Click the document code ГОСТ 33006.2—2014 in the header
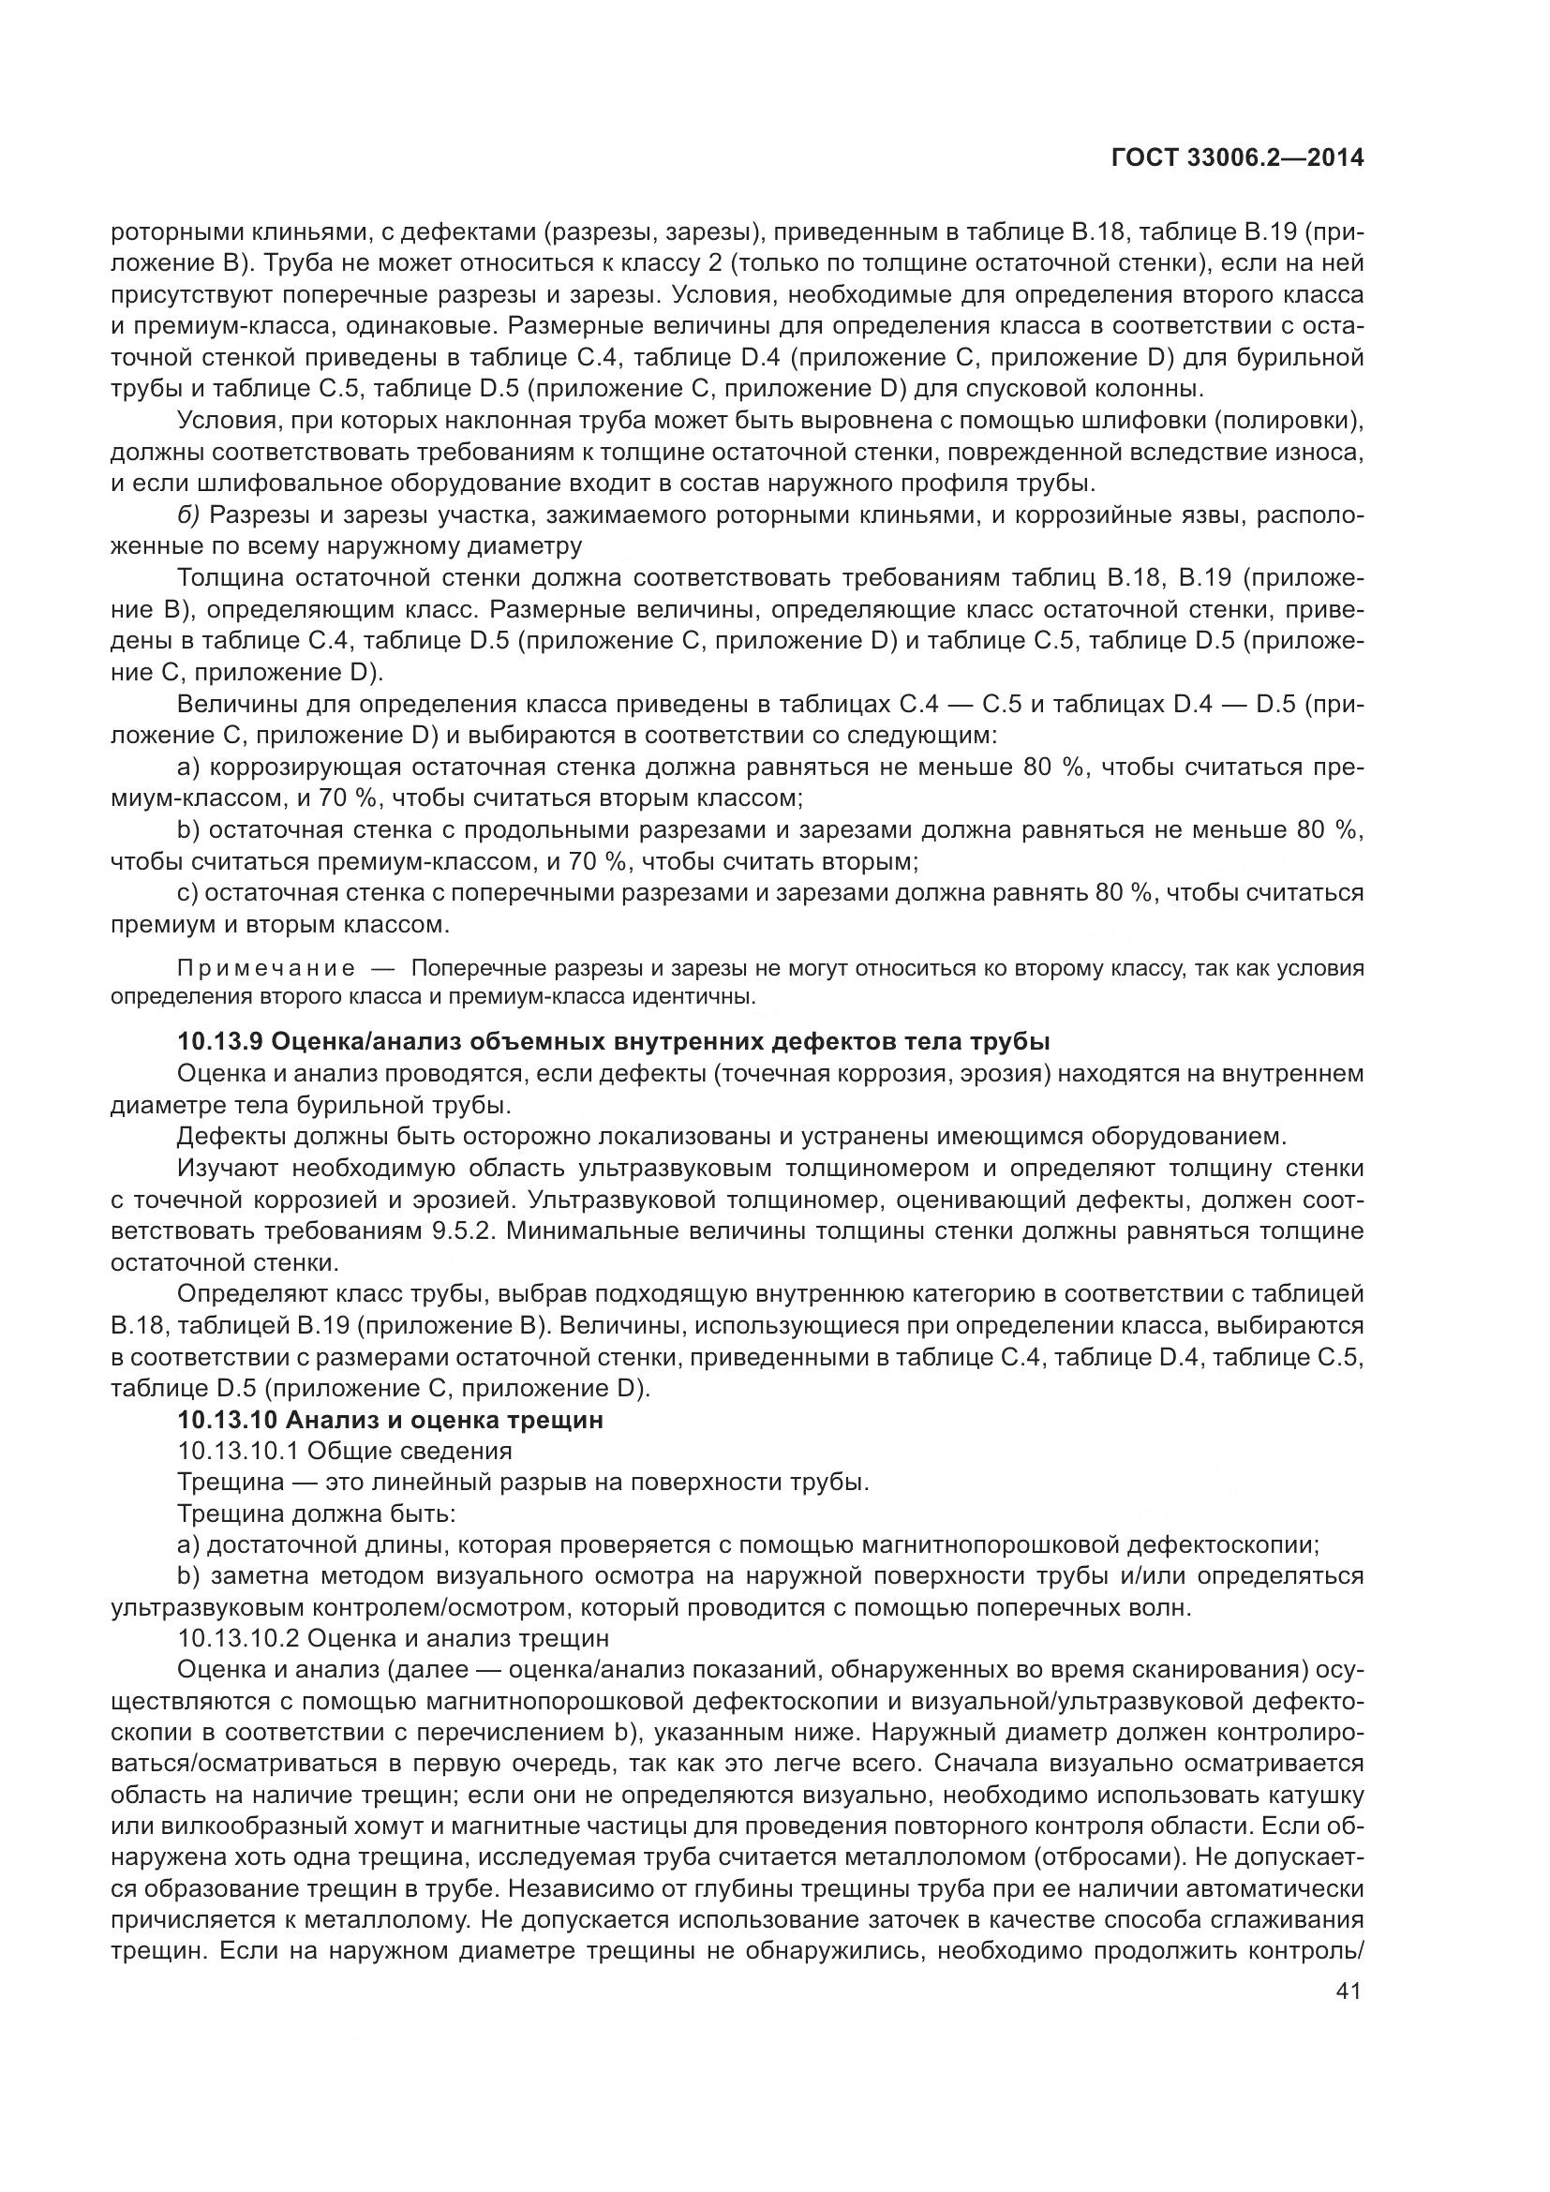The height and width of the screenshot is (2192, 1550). point(1238,158)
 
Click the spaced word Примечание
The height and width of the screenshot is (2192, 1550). point(266,969)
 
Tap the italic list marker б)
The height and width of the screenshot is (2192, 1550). point(188,515)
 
